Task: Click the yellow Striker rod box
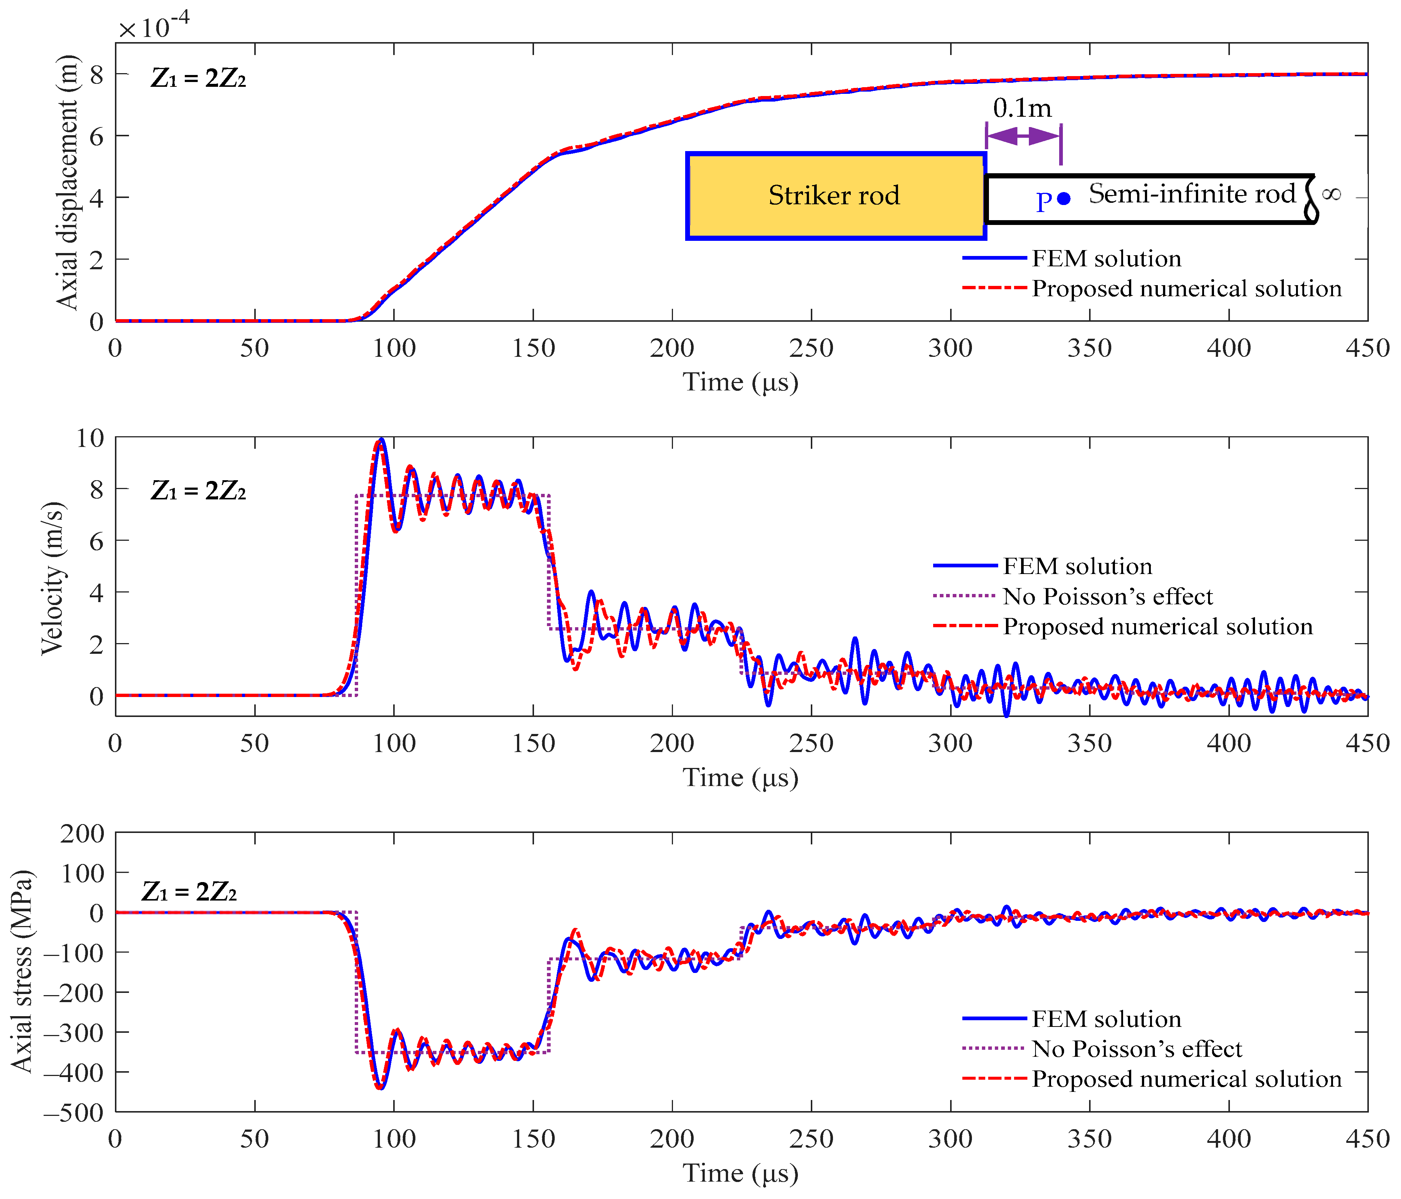point(835,196)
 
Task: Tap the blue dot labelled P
point(1064,198)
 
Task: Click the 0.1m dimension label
point(1022,108)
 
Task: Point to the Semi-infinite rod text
point(1191,194)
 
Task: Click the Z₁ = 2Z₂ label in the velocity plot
point(198,491)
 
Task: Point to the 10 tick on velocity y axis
point(90,438)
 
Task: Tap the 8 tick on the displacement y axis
point(97,74)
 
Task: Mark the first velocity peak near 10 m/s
point(381,441)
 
